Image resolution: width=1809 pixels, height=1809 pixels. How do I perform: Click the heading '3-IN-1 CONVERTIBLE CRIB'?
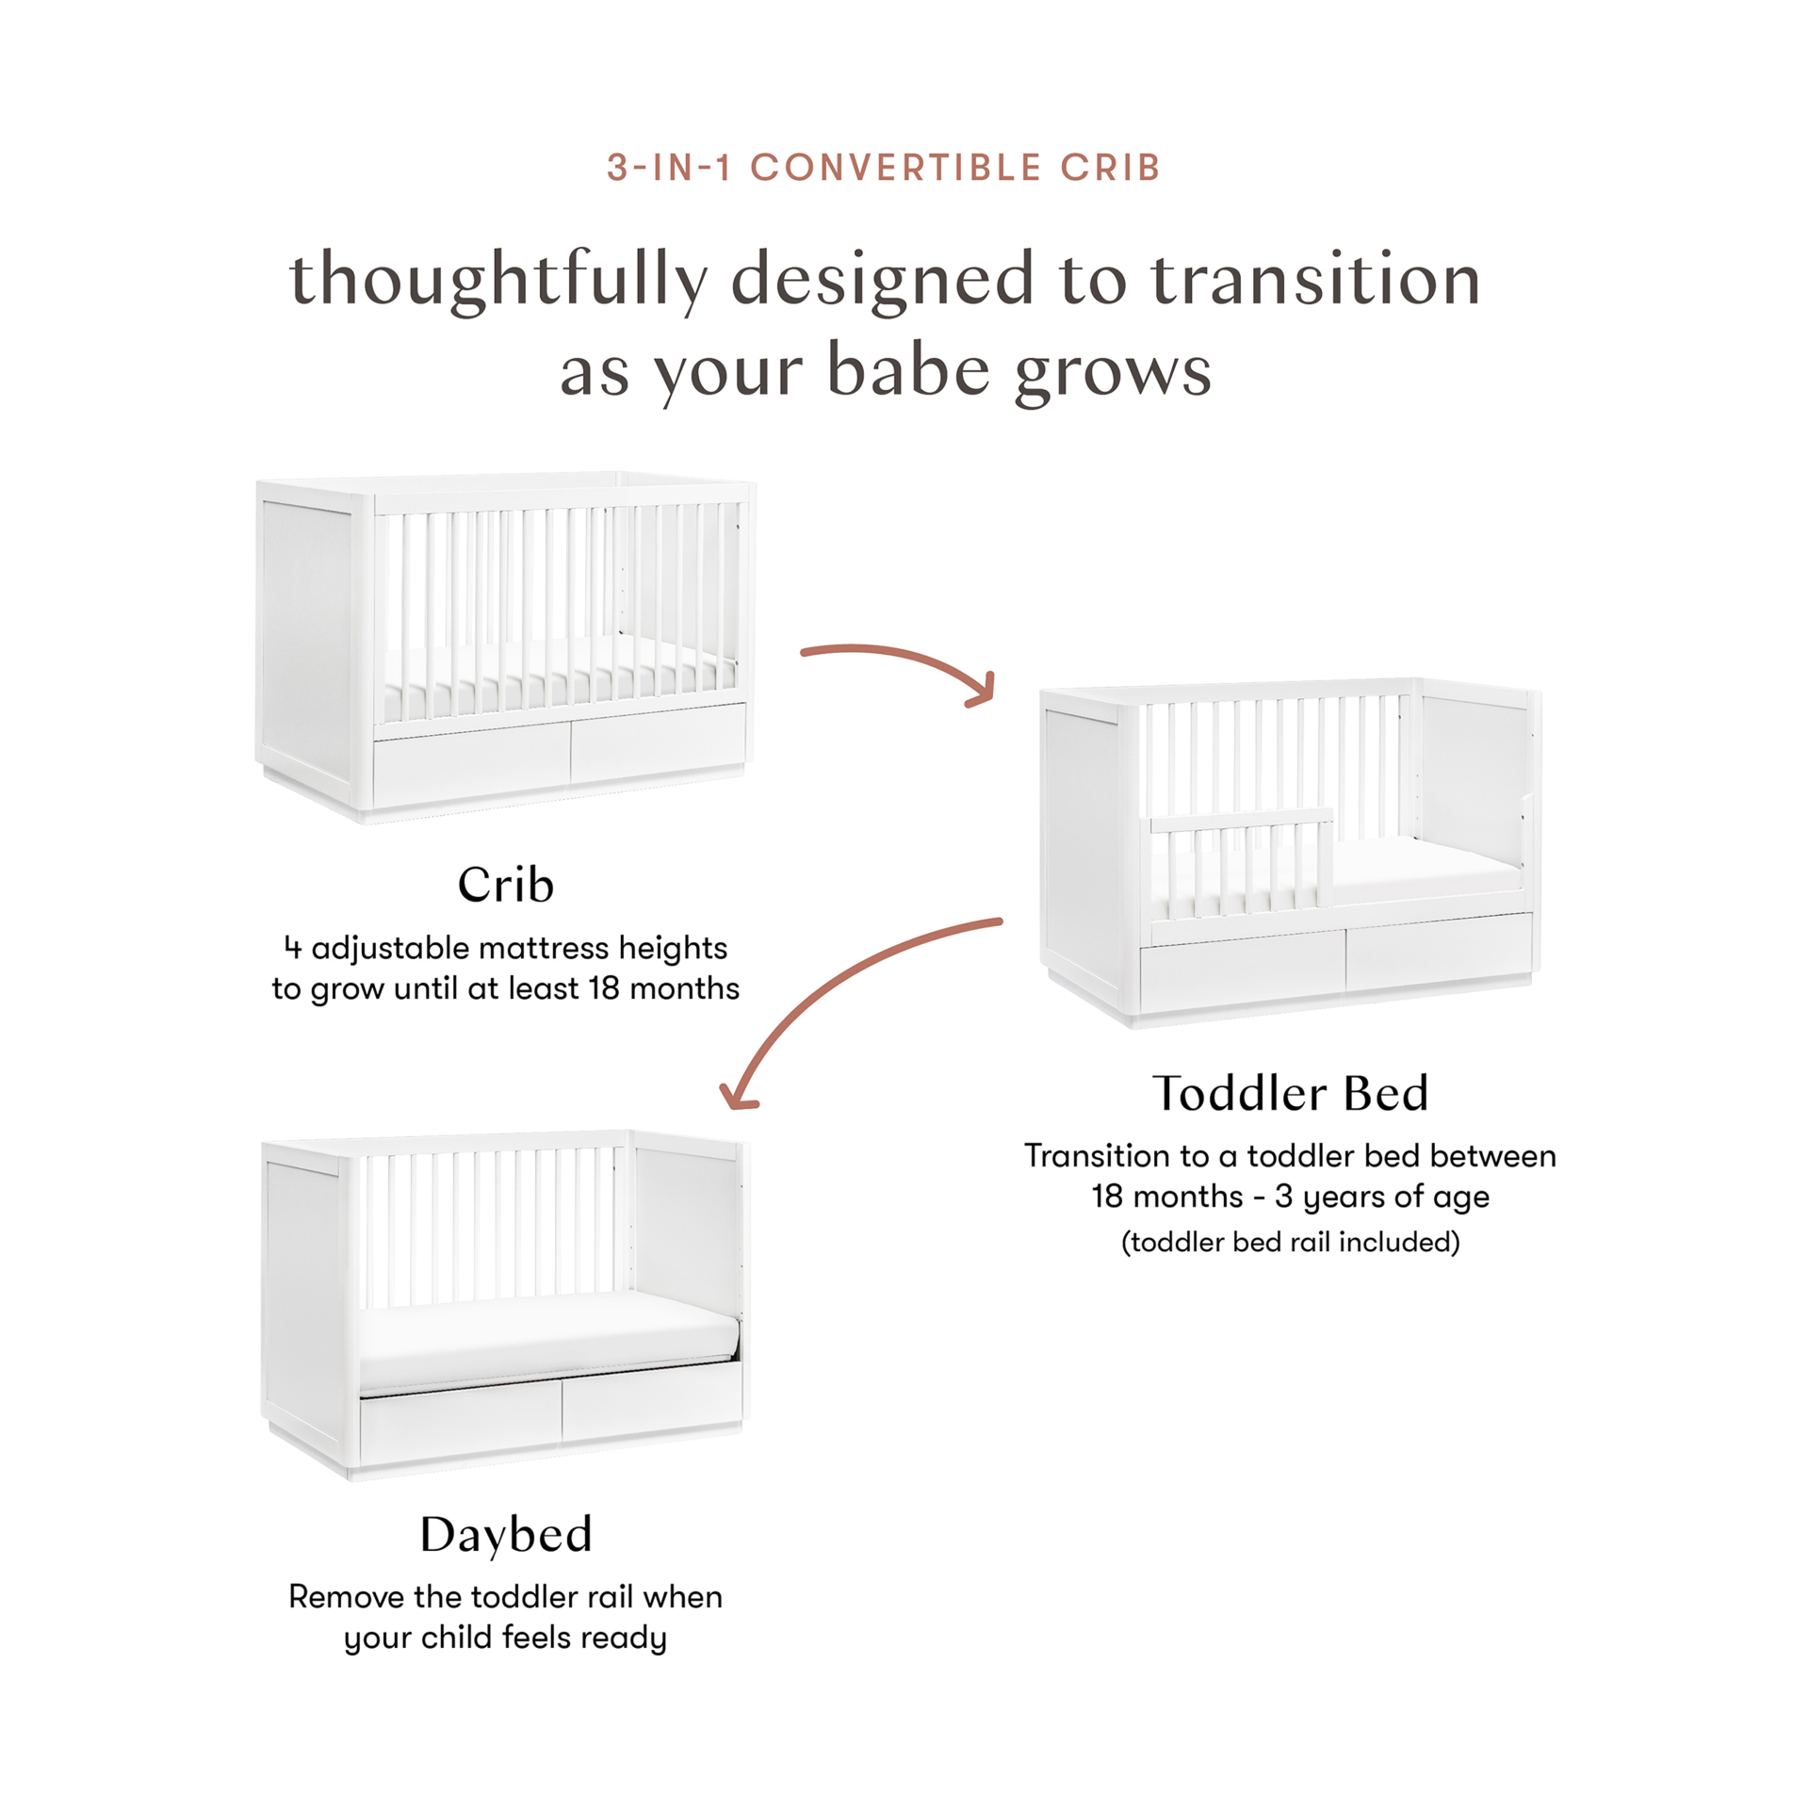(x=884, y=168)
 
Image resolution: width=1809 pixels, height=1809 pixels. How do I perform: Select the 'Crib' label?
(x=506, y=885)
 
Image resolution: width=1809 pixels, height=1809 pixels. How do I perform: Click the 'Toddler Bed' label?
(x=1290, y=1092)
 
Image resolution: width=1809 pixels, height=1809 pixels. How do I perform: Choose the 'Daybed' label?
(x=506, y=1535)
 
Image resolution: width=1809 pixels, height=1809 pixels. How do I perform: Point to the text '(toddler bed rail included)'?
(x=1290, y=1244)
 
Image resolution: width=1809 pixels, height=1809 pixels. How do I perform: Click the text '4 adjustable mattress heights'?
(x=506, y=948)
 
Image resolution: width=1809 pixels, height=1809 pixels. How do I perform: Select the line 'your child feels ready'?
(x=506, y=1638)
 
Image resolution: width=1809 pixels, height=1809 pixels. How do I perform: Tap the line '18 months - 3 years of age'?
(x=1290, y=1197)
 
